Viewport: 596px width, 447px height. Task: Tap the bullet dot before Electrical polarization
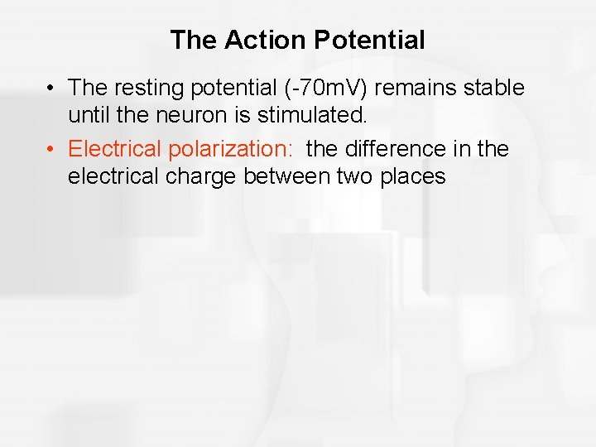tap(51, 150)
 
